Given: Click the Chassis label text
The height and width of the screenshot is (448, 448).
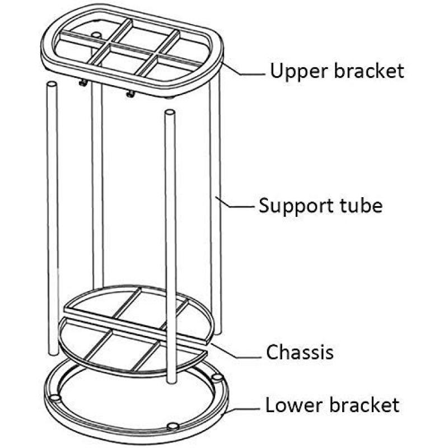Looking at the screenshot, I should pos(300,352).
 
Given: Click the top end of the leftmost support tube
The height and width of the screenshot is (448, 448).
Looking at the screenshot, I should pos(52,85).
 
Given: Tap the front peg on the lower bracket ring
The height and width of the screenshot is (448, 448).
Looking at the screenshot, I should pos(172,427).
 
